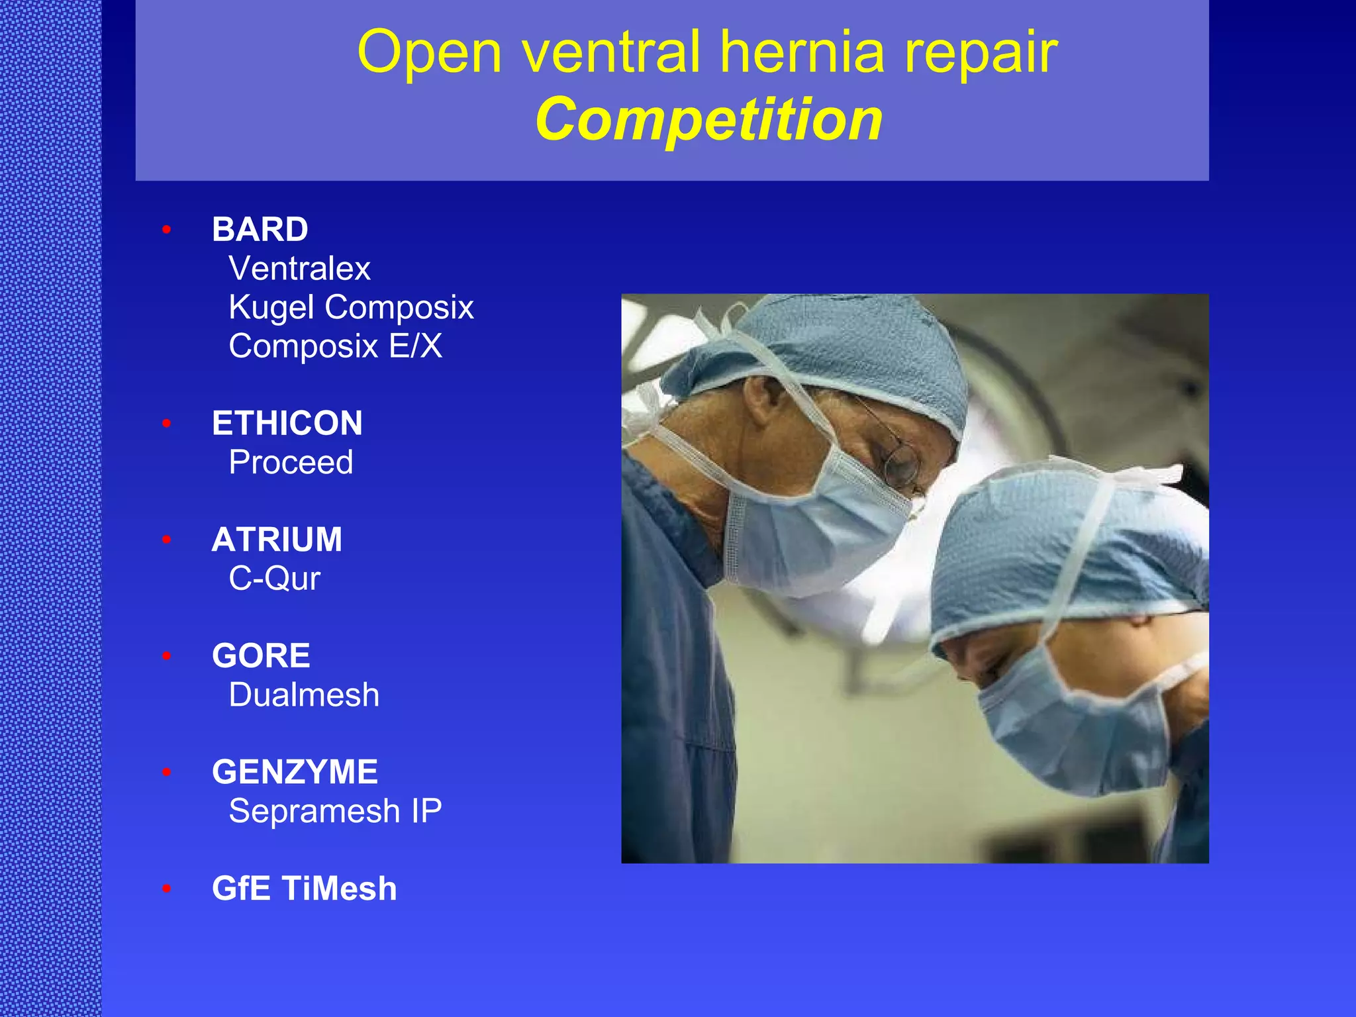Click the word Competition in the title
click(708, 120)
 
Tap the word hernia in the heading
click(802, 52)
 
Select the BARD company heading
click(260, 230)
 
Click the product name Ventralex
click(299, 269)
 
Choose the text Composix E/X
click(335, 346)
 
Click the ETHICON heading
click(287, 423)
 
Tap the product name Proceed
click(291, 462)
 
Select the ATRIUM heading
click(277, 540)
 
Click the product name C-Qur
click(274, 579)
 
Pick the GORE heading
click(261, 656)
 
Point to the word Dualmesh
click(304, 695)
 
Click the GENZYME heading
click(295, 772)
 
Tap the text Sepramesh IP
click(335, 811)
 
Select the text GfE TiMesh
click(304, 889)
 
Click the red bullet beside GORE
click(167, 656)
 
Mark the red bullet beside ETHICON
click(167, 423)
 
